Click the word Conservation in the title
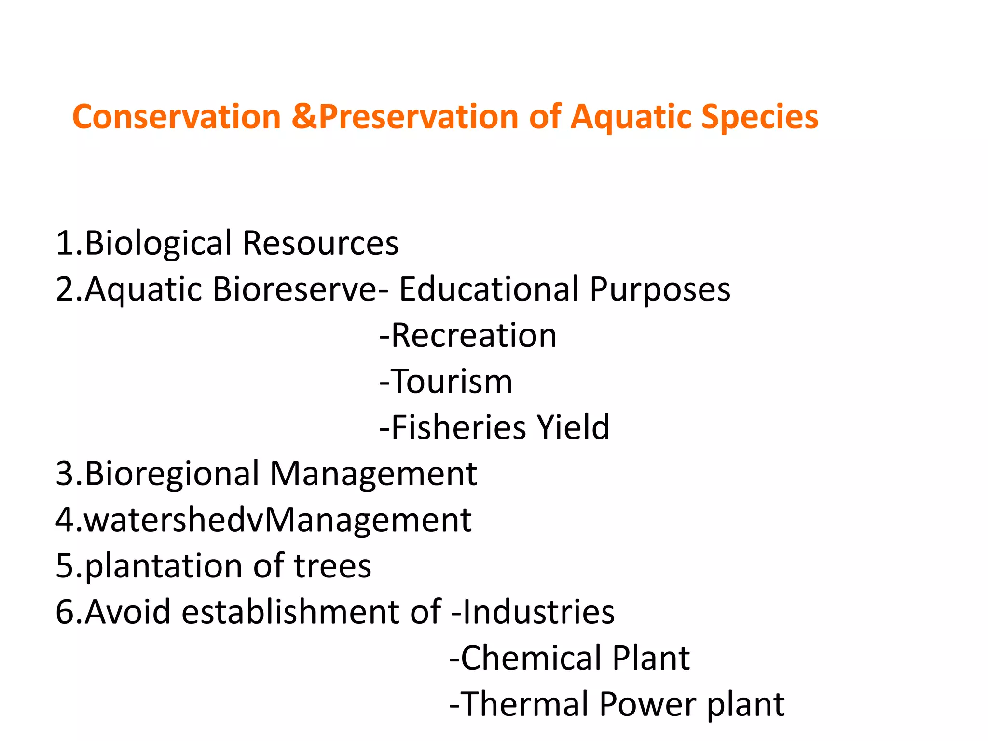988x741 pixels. coord(177,117)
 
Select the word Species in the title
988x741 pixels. coord(760,117)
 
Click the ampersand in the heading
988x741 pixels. coord(304,117)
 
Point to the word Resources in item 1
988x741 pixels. coord(320,243)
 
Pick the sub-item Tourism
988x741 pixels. coord(452,382)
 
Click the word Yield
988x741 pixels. coord(574,427)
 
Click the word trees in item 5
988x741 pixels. coord(332,566)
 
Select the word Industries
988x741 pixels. coord(538,612)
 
